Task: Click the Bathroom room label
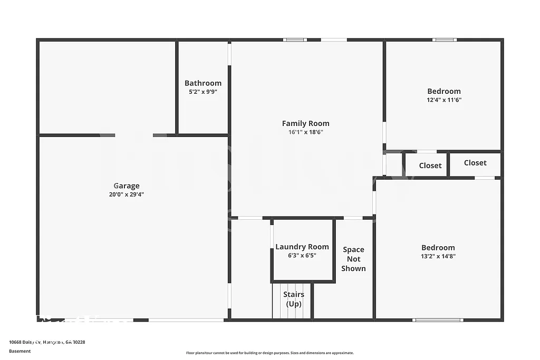point(203,83)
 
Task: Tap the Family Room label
point(305,123)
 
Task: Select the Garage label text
point(127,186)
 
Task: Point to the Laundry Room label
point(302,247)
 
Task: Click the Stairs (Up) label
point(293,299)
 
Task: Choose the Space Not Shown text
point(353,259)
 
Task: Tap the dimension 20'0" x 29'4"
point(127,194)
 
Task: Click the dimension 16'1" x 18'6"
point(305,132)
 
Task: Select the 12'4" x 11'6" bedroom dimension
point(443,100)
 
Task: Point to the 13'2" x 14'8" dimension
point(438,256)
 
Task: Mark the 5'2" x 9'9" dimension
point(203,92)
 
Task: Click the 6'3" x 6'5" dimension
point(302,256)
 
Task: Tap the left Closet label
point(430,166)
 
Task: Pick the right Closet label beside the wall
point(475,163)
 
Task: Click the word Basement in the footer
point(20,351)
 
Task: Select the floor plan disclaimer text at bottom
point(269,353)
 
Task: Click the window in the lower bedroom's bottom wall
point(438,319)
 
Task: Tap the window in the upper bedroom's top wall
point(445,40)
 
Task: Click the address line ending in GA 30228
point(47,342)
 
